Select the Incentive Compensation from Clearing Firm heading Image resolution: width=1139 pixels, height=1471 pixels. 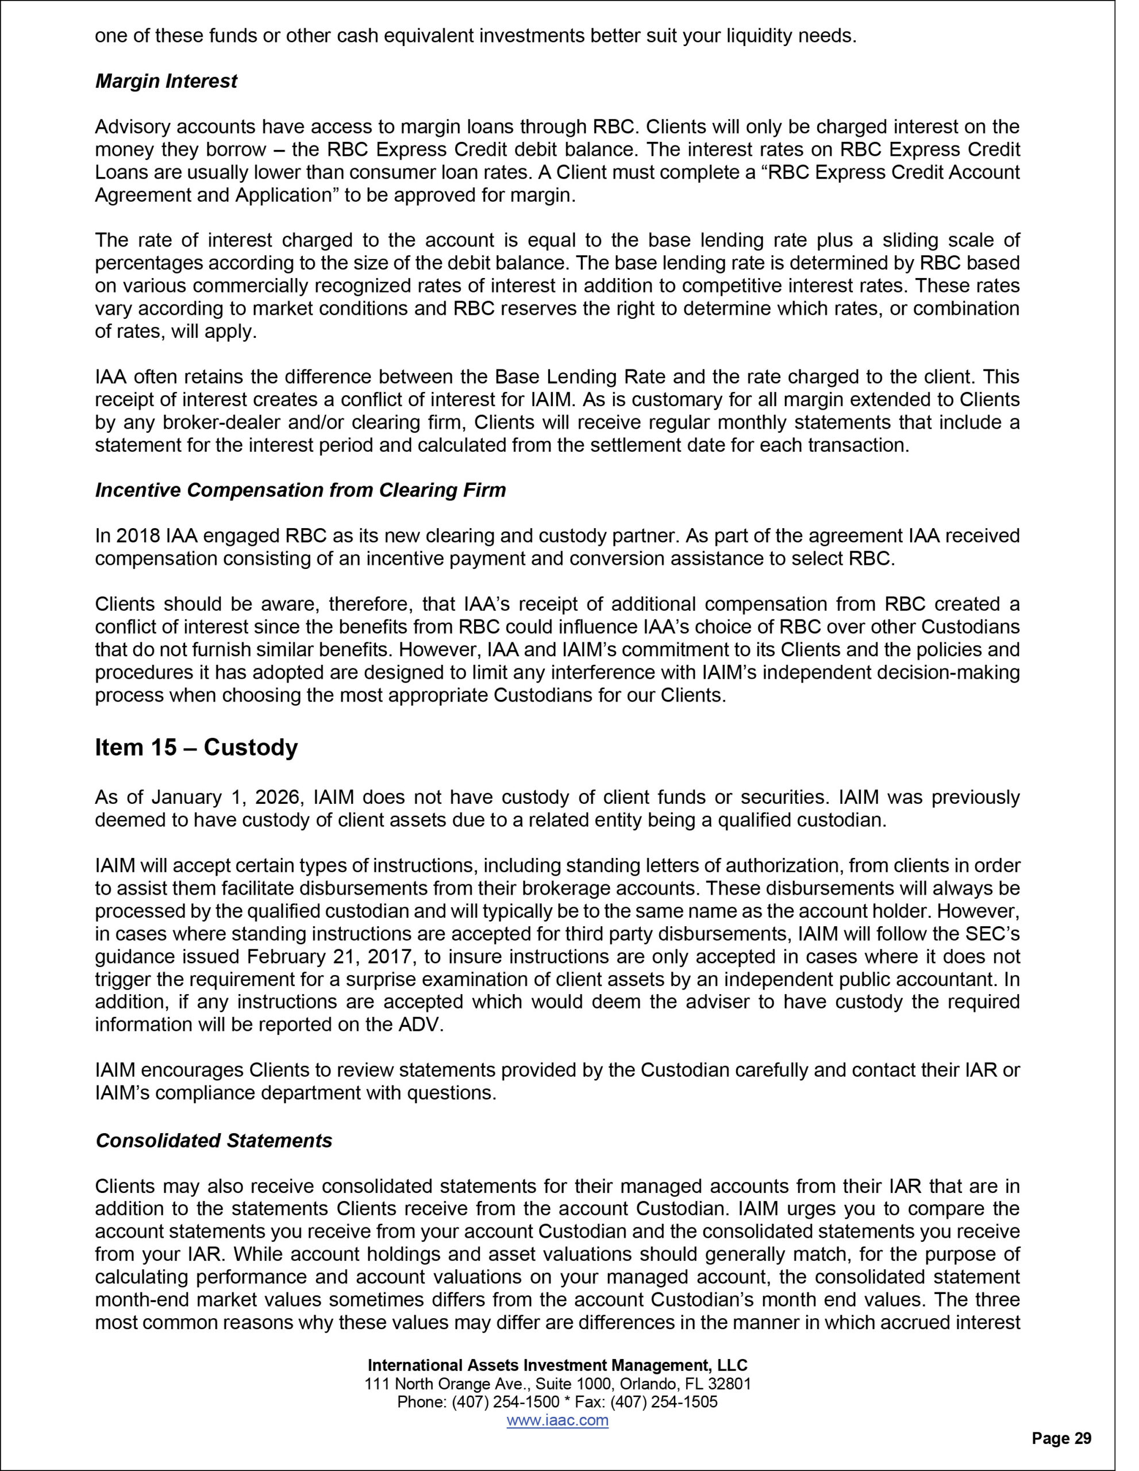point(301,490)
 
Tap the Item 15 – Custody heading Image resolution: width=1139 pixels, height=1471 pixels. point(196,748)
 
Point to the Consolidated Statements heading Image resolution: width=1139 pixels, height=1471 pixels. point(214,1141)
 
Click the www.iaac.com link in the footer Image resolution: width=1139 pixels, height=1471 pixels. point(557,1420)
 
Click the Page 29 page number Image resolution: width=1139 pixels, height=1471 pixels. point(1061,1439)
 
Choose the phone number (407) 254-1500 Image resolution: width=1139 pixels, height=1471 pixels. point(506,1402)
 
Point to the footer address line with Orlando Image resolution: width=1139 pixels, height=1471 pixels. point(557,1384)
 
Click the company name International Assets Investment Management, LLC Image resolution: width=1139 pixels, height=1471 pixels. point(557,1365)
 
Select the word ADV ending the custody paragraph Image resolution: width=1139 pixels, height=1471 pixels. point(419,1025)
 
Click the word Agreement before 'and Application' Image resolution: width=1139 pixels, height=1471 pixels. point(138,195)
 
